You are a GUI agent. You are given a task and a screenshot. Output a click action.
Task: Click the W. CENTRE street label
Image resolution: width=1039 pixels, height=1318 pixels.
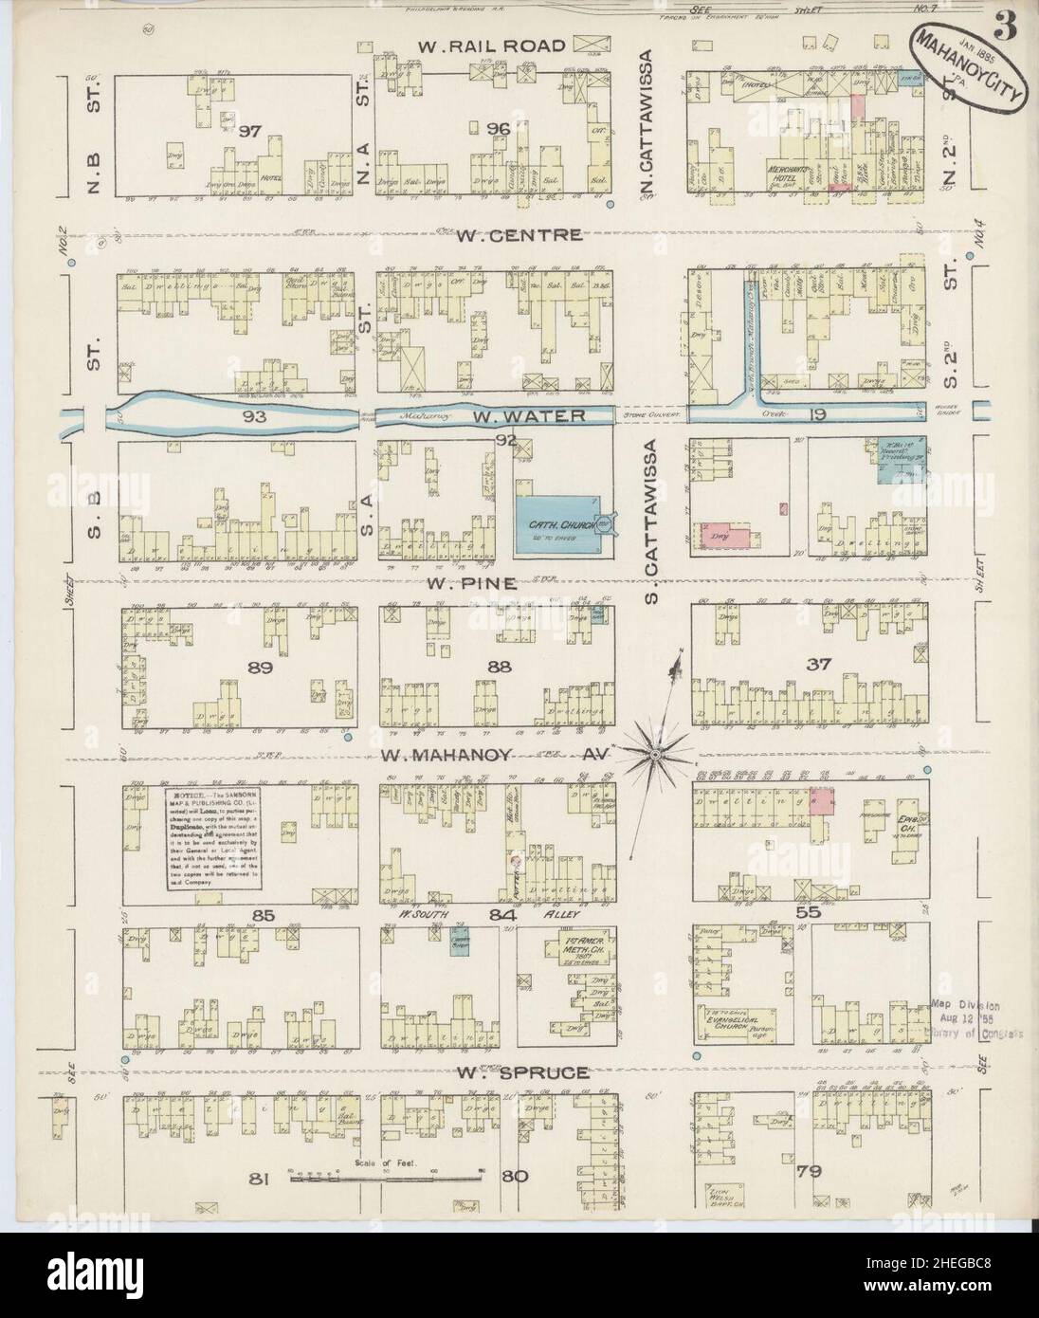tap(519, 235)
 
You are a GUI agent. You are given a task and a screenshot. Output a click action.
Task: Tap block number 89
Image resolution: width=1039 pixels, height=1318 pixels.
tap(260, 668)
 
